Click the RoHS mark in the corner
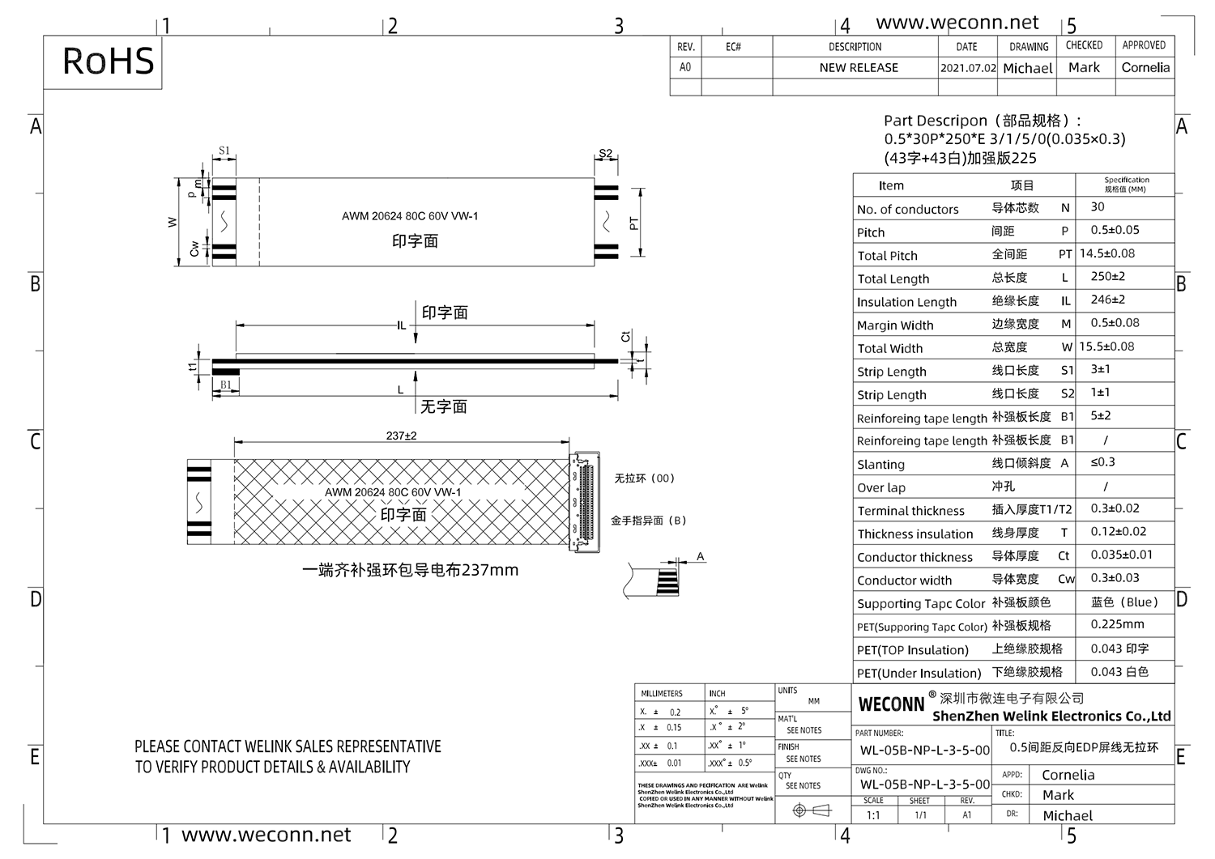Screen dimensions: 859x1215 click(x=108, y=62)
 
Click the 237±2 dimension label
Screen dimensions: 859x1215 click(x=401, y=436)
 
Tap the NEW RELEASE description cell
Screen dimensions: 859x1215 click(x=859, y=68)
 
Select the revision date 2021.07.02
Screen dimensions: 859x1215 click(x=968, y=68)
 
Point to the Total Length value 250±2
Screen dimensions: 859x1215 click(x=1107, y=277)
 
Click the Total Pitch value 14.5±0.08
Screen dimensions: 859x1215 click(x=1107, y=253)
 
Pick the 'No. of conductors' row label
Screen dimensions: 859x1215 click(x=907, y=210)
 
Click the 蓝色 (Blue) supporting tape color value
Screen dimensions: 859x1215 click(x=1124, y=602)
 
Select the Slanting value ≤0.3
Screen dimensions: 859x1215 click(x=1102, y=462)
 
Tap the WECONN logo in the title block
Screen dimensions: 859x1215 click(x=891, y=704)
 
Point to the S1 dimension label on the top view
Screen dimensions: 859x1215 click(x=224, y=151)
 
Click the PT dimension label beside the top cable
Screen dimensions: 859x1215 click(x=633, y=223)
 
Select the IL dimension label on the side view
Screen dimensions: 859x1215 click(x=401, y=325)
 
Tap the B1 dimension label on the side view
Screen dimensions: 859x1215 click(x=226, y=385)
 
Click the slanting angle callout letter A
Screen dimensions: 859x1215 click(x=701, y=557)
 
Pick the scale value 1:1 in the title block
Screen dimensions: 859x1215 click(x=873, y=815)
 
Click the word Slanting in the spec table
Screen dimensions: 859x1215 click(x=880, y=465)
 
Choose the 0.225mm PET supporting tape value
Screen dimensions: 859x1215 click(x=1117, y=625)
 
